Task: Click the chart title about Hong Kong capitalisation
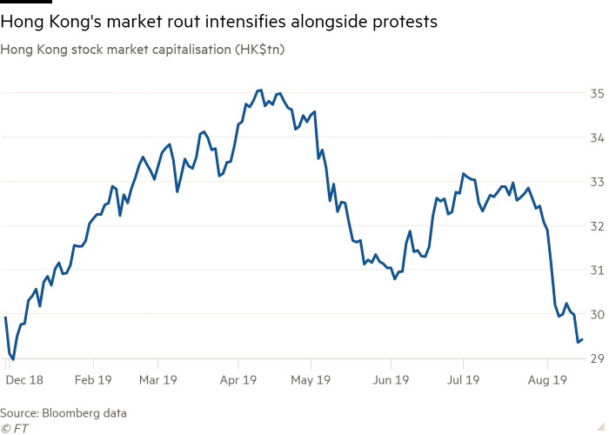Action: [x=144, y=50]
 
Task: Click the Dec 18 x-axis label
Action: [x=23, y=380]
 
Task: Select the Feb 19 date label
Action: [x=94, y=380]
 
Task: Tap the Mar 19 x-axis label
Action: [x=157, y=380]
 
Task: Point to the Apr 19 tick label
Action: [x=238, y=380]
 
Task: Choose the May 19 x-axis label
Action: [x=311, y=380]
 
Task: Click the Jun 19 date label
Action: [x=391, y=380]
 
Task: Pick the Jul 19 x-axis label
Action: [x=463, y=380]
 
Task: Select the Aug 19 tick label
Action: [x=546, y=380]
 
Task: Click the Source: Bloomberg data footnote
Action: [x=64, y=413]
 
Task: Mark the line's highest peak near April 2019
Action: [x=259, y=90]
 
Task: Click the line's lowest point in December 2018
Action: [x=11, y=358]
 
